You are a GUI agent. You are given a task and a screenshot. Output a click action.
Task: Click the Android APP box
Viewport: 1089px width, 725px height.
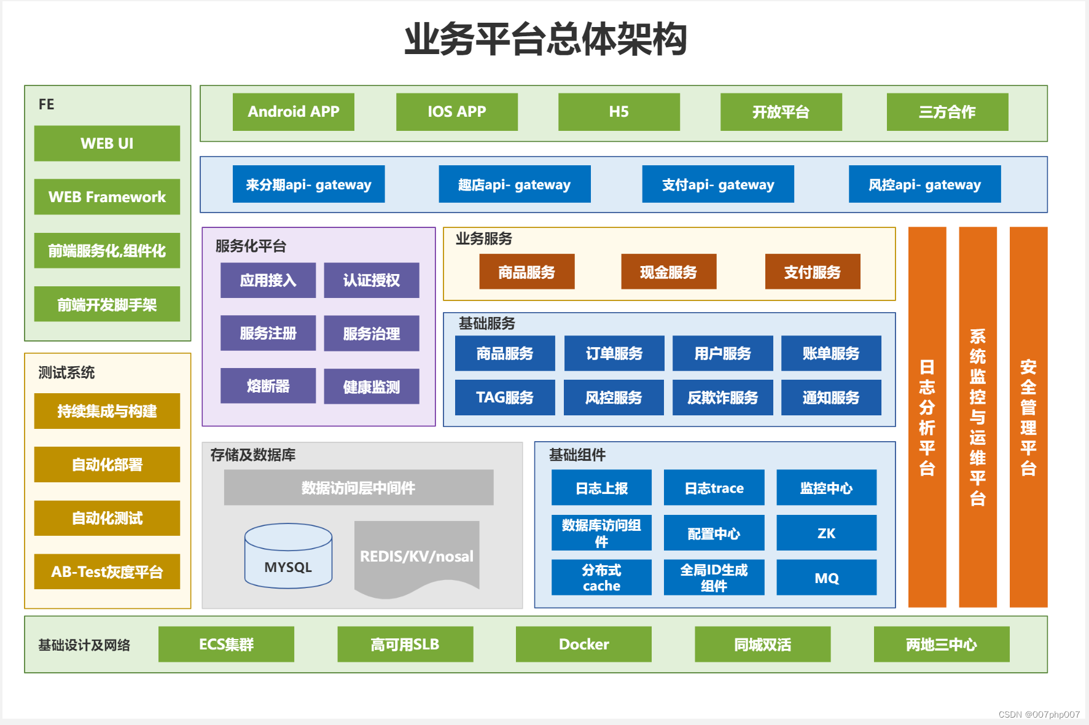pyautogui.click(x=293, y=112)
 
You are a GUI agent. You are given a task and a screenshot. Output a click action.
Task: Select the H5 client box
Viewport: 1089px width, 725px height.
pyautogui.click(x=619, y=112)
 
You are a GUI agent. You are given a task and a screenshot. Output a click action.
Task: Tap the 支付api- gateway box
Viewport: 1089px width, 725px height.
pyautogui.click(x=717, y=184)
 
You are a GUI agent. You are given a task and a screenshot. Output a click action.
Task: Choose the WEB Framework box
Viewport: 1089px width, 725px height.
pyautogui.click(x=107, y=197)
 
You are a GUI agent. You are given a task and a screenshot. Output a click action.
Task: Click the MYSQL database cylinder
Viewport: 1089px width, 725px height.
pyautogui.click(x=288, y=557)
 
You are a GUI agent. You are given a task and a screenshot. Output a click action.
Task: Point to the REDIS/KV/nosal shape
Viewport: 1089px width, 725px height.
pyautogui.click(x=416, y=557)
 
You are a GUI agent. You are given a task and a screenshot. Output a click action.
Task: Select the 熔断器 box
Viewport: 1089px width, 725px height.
pyautogui.click(x=268, y=386)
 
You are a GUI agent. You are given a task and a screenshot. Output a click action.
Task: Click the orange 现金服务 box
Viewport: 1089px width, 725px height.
pyautogui.click(x=668, y=272)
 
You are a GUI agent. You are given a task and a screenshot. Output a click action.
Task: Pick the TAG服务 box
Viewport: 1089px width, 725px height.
pyautogui.click(x=504, y=398)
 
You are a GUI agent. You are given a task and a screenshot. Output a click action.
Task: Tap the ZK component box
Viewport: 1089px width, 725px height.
pyautogui.click(x=826, y=533)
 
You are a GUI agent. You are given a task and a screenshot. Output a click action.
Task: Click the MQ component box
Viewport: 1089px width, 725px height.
pyautogui.click(x=826, y=578)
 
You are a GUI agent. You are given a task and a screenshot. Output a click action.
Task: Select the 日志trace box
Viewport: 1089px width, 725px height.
pyautogui.click(x=714, y=488)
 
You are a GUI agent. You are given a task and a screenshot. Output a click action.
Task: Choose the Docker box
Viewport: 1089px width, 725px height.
pyautogui.click(x=584, y=644)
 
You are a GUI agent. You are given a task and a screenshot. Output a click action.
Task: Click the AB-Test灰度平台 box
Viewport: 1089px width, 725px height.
pyautogui.click(x=107, y=571)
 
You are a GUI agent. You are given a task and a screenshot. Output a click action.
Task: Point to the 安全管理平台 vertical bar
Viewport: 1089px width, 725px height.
pyautogui.click(x=1028, y=418)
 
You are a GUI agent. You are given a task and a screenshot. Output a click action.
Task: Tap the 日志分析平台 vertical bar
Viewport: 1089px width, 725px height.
pyautogui.click(x=927, y=418)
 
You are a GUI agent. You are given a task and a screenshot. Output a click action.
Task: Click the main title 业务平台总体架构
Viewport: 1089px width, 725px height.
pyautogui.click(x=545, y=39)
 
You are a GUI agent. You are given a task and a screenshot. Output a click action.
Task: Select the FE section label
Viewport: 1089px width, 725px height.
pyautogui.click(x=47, y=104)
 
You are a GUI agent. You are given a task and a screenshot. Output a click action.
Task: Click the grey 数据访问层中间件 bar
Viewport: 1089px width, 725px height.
pyautogui.click(x=358, y=488)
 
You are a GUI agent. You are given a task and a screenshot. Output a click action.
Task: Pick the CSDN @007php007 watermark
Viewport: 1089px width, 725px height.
pyautogui.click(x=1039, y=715)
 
